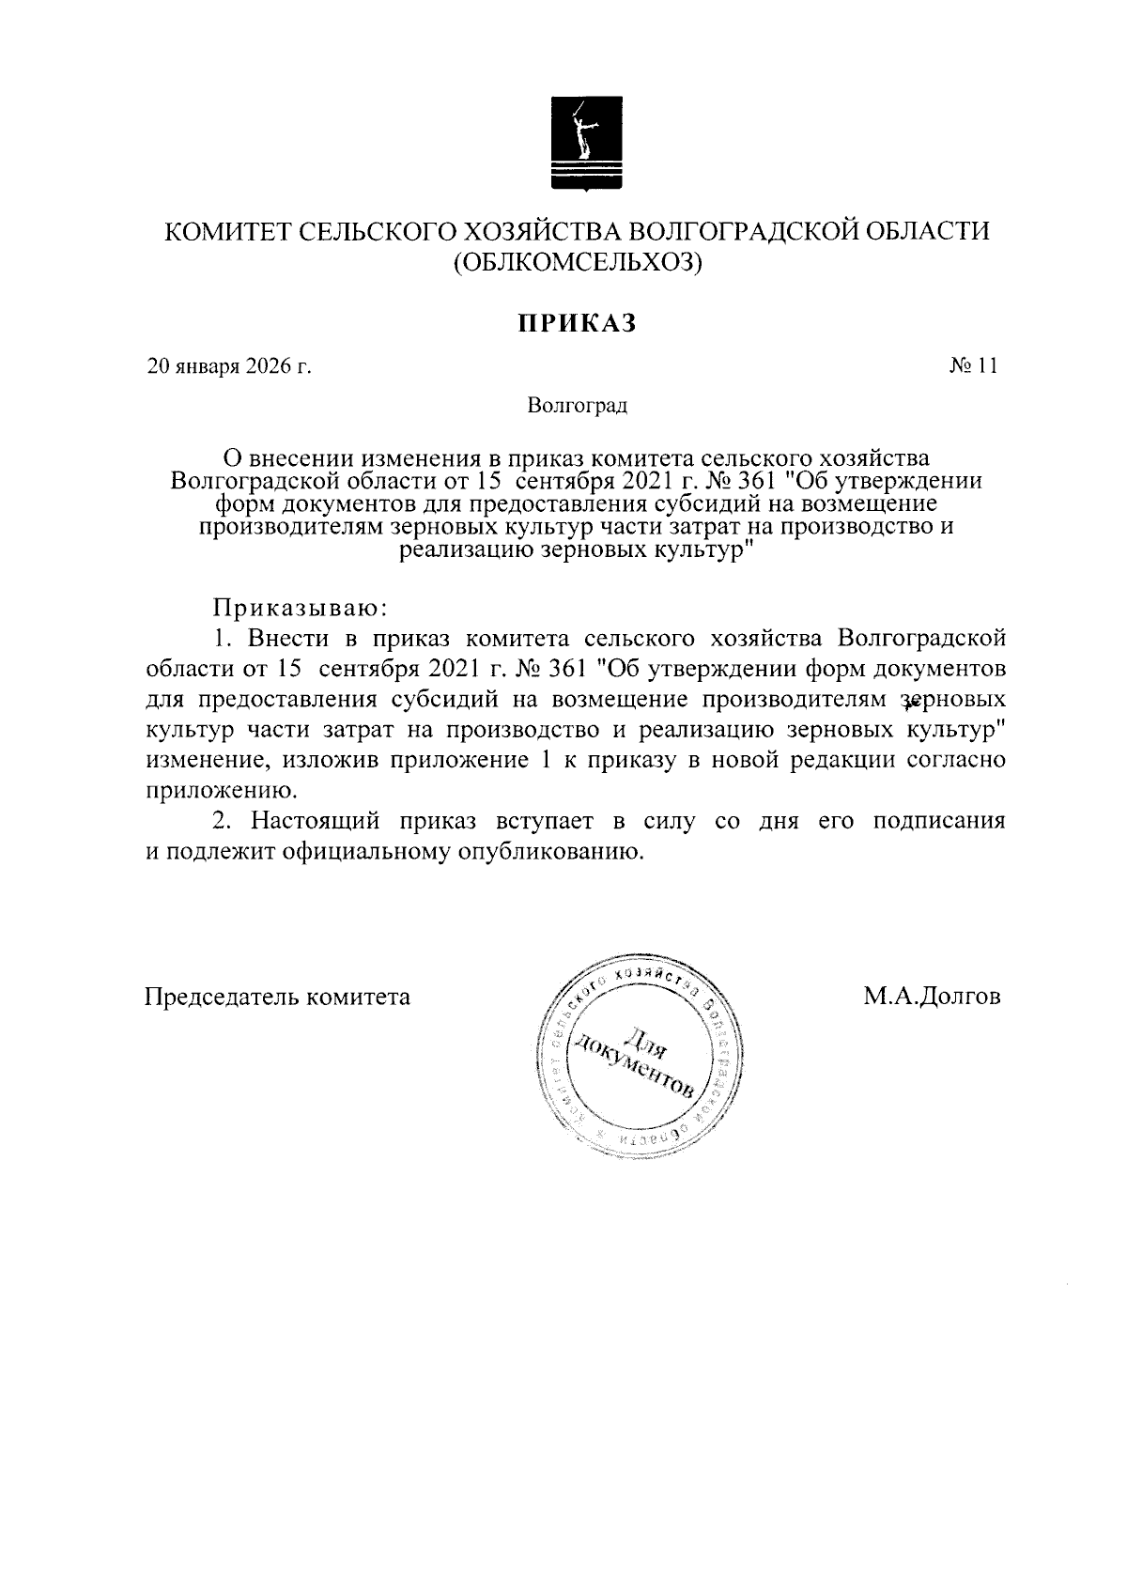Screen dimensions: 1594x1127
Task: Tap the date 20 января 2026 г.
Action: point(229,366)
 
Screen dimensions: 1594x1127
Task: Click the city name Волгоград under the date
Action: point(577,406)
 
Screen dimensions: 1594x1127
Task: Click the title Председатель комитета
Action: point(277,996)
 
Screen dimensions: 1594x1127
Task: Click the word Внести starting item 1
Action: point(288,639)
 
